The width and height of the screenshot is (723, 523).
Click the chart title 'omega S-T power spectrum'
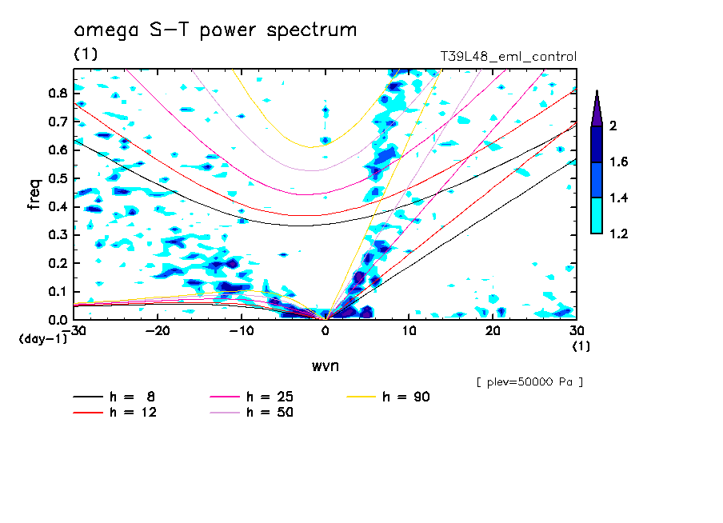(215, 30)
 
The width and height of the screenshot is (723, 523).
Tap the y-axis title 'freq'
(34, 194)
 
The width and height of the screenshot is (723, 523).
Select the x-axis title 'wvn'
(325, 365)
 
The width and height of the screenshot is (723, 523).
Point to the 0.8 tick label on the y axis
(57, 93)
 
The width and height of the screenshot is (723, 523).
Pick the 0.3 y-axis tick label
(57, 235)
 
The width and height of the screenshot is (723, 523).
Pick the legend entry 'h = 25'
(270, 397)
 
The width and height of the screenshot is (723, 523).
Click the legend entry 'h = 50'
(270, 413)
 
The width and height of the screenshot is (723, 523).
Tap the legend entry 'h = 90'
(407, 397)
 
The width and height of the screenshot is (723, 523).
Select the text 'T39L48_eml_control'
(509, 57)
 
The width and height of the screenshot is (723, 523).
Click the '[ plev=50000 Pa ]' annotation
(529, 382)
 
